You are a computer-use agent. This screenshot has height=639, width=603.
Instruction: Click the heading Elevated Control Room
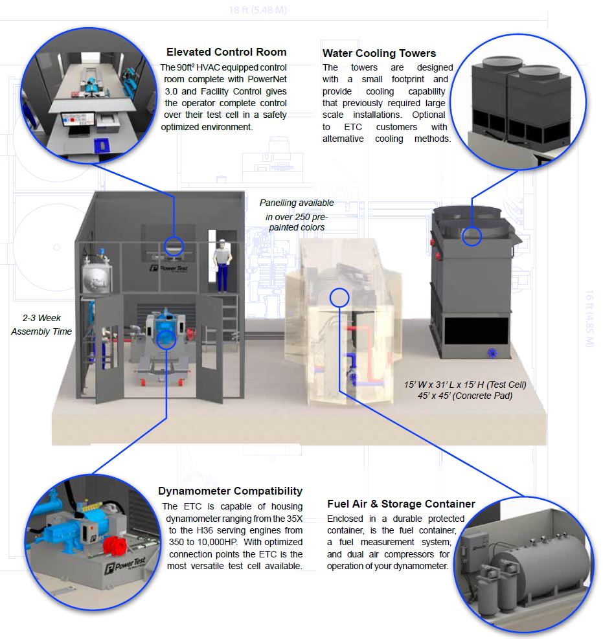226,52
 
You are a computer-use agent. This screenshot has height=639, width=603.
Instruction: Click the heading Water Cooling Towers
379,53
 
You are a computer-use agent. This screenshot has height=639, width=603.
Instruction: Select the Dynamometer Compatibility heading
230,491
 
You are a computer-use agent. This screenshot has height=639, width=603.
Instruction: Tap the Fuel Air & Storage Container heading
401,504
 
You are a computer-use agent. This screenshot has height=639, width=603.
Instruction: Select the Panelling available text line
297,203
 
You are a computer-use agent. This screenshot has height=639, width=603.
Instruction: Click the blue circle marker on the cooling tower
472,236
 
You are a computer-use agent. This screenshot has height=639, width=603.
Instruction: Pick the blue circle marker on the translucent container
339,297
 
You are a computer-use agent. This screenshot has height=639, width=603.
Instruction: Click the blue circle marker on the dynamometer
166,339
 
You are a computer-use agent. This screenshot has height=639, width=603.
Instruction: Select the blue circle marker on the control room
173,245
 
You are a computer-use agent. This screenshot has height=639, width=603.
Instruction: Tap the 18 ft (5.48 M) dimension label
258,10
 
